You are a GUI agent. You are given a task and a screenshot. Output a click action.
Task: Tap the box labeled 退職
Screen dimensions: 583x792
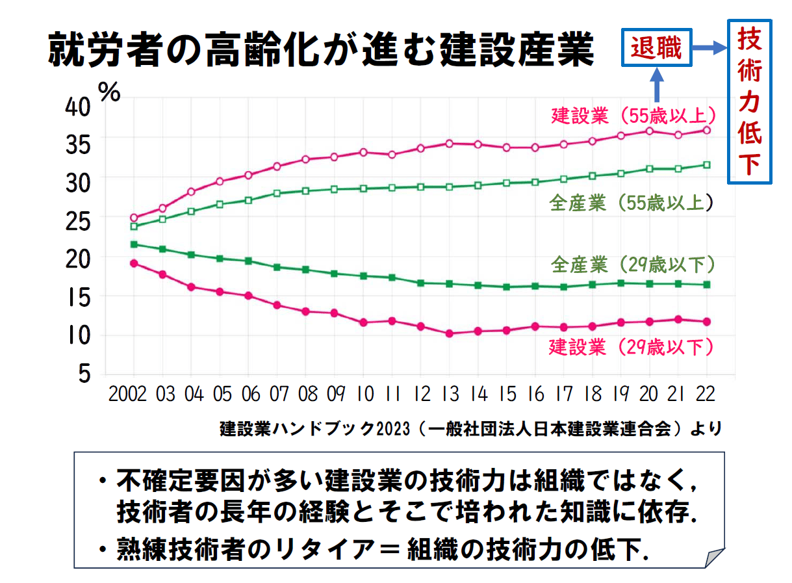coord(657,47)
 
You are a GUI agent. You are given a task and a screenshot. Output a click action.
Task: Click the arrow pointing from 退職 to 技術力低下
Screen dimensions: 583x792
coord(708,47)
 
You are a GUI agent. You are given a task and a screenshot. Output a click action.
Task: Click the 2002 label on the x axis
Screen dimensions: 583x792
coord(127,394)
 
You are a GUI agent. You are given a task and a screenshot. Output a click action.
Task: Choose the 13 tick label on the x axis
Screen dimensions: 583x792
coord(449,394)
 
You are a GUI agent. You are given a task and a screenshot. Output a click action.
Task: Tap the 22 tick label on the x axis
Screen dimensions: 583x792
coord(706,394)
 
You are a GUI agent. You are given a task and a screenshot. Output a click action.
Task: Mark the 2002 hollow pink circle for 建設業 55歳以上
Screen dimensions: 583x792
coord(134,218)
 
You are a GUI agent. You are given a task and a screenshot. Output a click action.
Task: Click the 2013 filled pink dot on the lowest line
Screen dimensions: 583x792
coord(449,333)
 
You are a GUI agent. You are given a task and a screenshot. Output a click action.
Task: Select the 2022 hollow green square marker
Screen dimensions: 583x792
coord(707,165)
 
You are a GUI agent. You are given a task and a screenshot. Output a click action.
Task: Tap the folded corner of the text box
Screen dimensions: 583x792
coord(714,558)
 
